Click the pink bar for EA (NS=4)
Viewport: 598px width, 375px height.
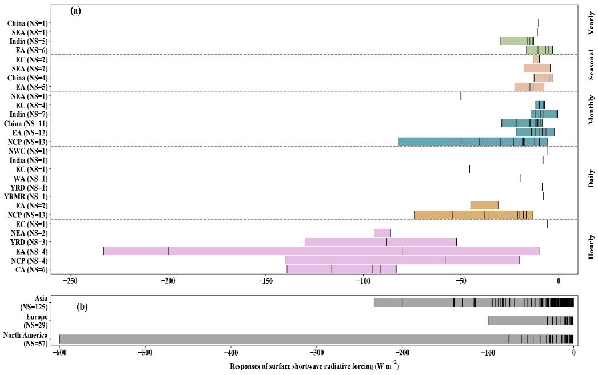pos(321,251)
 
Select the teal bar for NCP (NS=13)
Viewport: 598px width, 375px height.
pos(472,142)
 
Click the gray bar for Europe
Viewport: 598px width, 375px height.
pos(530,321)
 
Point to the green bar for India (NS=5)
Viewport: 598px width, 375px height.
pos(516,41)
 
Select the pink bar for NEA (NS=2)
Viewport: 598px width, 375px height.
pos(382,233)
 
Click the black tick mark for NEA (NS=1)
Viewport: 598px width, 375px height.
pos(461,96)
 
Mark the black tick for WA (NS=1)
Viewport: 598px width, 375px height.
pos(521,178)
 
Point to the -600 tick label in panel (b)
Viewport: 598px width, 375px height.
pos(59,353)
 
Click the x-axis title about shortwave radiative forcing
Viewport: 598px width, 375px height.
pos(314,365)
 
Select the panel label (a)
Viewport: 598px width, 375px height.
pos(75,10)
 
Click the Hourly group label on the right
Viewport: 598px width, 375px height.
pos(591,246)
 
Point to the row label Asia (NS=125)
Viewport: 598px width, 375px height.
pos(34,303)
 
